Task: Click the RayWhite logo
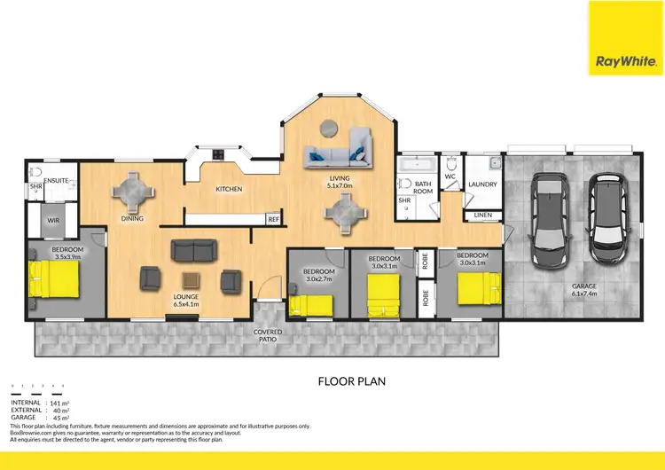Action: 626,38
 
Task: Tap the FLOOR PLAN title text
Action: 350,381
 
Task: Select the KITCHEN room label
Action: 229,189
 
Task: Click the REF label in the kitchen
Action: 273,218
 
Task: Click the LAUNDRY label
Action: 482,185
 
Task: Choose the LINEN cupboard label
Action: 482,215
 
